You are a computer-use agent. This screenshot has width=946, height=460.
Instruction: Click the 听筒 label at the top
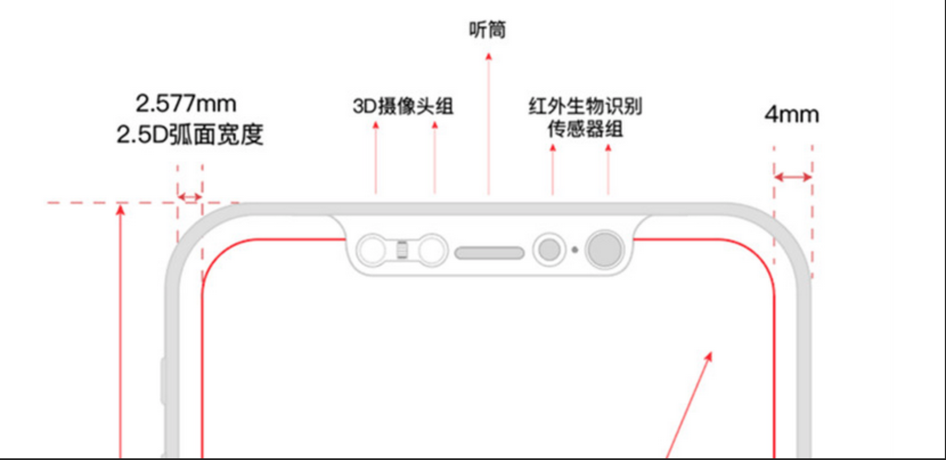[x=487, y=29]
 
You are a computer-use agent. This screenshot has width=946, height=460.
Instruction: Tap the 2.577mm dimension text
[x=186, y=104]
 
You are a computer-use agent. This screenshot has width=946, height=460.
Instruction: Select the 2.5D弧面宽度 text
[x=190, y=135]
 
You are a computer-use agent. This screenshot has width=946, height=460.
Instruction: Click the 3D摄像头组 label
[x=403, y=106]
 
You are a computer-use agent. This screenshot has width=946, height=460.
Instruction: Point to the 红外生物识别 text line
[x=585, y=106]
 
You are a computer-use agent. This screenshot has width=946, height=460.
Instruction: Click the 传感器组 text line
[x=585, y=129]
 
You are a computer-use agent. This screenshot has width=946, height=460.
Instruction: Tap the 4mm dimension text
[x=792, y=115]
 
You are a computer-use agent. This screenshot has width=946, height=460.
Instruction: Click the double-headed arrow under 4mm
[x=793, y=177]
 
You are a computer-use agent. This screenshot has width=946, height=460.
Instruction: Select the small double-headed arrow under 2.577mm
[x=190, y=197]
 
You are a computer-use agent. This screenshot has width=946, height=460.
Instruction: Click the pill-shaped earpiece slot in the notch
[x=489, y=253]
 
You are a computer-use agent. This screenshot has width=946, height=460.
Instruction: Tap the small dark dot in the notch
[x=574, y=250]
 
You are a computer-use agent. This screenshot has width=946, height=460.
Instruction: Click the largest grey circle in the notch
[x=605, y=249]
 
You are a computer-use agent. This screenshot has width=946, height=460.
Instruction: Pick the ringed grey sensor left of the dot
[x=549, y=249]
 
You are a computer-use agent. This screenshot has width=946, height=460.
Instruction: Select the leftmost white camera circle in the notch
[x=373, y=250]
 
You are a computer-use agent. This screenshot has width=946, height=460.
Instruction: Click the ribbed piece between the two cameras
[x=402, y=250]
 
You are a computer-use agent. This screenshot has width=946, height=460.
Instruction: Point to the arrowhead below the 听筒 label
[x=488, y=56]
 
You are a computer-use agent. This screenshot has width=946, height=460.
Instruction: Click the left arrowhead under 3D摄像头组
[x=376, y=125]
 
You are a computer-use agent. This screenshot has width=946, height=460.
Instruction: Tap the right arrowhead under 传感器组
[x=608, y=148]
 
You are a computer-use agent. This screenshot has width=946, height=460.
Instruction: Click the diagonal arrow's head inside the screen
[x=708, y=356]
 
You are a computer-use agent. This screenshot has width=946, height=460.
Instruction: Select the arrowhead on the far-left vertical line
[x=120, y=210]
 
